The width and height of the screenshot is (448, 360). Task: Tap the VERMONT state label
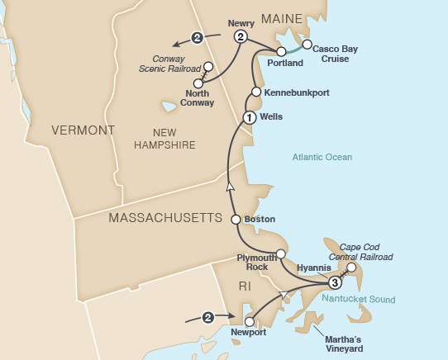coord(82,130)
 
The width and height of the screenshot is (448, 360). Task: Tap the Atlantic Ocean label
coord(322,157)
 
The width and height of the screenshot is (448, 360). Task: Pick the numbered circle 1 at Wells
coord(247,118)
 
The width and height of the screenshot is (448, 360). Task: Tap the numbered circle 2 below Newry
coord(241,37)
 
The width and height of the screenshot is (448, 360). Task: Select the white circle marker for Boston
coord(236,220)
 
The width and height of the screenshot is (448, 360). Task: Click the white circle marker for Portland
coord(281,52)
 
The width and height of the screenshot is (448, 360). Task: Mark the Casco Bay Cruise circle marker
coord(307,45)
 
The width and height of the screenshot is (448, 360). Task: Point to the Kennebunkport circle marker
coord(256,92)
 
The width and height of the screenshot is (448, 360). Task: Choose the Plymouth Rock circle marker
coord(281,253)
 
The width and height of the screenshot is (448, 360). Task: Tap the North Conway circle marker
coord(198,83)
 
